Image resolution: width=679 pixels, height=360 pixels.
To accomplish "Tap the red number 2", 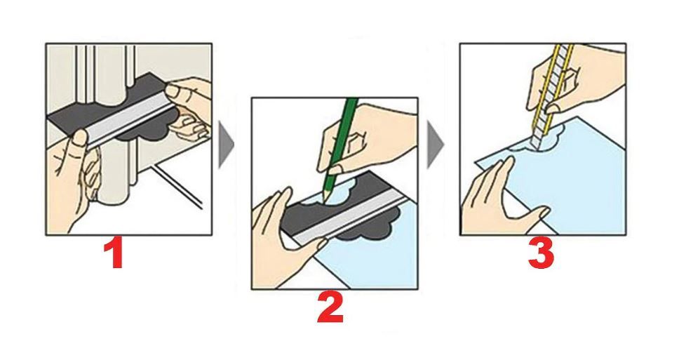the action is click(x=330, y=307).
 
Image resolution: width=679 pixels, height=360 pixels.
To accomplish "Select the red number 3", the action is click(x=541, y=254).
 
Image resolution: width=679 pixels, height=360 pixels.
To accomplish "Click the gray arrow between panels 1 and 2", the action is click(x=226, y=145).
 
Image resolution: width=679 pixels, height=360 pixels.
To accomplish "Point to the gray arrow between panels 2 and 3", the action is click(x=434, y=145).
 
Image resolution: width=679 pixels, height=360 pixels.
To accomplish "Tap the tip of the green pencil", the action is click(x=323, y=201).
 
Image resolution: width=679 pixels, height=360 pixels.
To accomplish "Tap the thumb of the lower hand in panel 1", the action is click(x=80, y=139).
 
